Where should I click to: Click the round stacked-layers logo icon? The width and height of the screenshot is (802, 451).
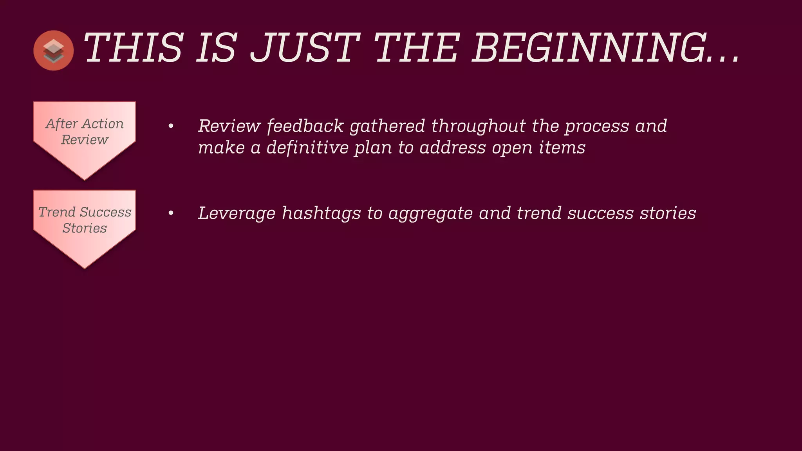pos(54,51)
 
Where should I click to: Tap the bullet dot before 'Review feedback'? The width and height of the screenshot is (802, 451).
pos(171,126)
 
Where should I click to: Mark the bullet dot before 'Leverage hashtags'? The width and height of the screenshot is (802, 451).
pos(171,213)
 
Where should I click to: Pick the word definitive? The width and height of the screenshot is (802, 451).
pos(307,148)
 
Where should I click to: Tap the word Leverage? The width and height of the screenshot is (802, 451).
pos(237,213)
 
